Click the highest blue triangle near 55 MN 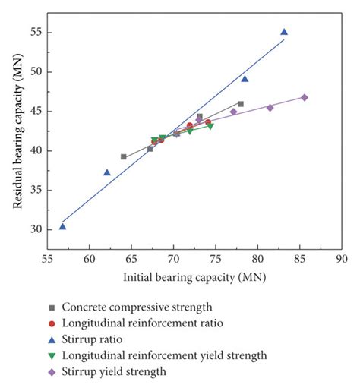click(x=284, y=32)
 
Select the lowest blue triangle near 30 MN click(x=62, y=226)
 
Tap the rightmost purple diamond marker click(x=305, y=97)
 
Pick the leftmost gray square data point click(x=124, y=156)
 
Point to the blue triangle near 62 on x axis click(x=107, y=172)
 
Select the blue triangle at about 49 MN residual click(x=245, y=79)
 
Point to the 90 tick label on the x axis click(x=342, y=259)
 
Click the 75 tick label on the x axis click(x=216, y=259)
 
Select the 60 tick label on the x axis click(x=90, y=259)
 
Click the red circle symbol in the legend click(x=52, y=323)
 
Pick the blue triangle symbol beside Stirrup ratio click(x=52, y=339)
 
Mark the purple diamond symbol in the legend click(x=52, y=372)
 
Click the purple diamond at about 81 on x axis click(x=270, y=107)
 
